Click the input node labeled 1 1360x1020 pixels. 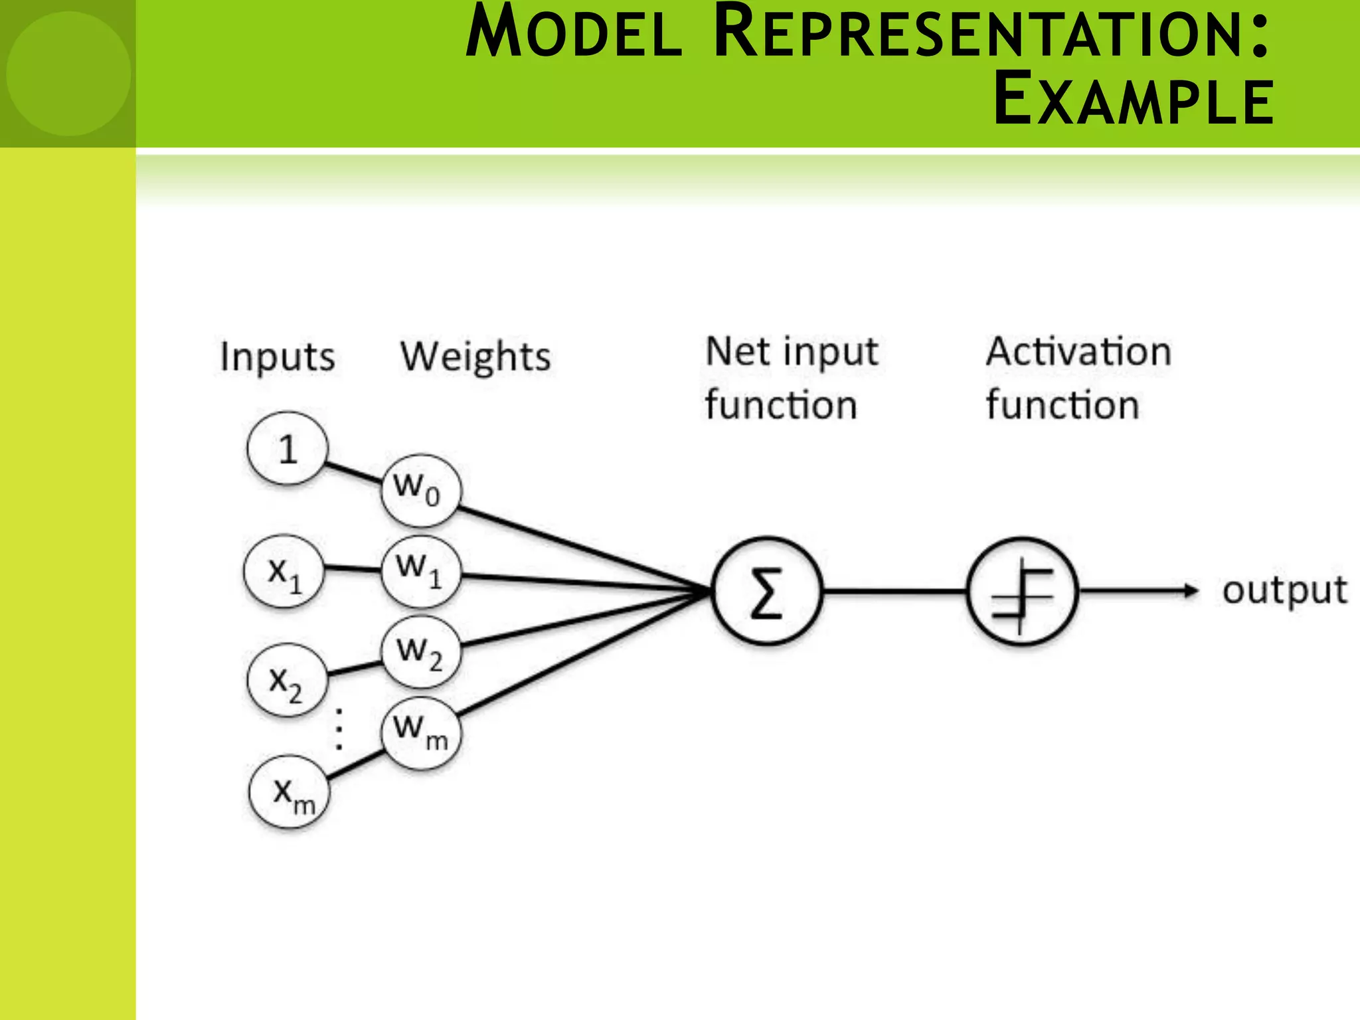click(x=287, y=449)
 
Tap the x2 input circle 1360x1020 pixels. click(x=287, y=680)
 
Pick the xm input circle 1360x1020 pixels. click(x=290, y=792)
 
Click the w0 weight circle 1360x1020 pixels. click(x=420, y=490)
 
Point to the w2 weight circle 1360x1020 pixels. click(x=421, y=651)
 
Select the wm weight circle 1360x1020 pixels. click(x=421, y=732)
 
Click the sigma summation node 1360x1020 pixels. click(x=766, y=590)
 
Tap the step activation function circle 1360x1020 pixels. click(x=1022, y=590)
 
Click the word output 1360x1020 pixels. click(x=1284, y=590)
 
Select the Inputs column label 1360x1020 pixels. click(x=278, y=357)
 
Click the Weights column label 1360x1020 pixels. click(x=475, y=357)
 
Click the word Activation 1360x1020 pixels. click(x=1078, y=351)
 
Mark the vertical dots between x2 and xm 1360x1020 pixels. click(x=339, y=729)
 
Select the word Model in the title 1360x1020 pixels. click(x=574, y=35)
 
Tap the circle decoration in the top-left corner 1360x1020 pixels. click(x=68, y=73)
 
